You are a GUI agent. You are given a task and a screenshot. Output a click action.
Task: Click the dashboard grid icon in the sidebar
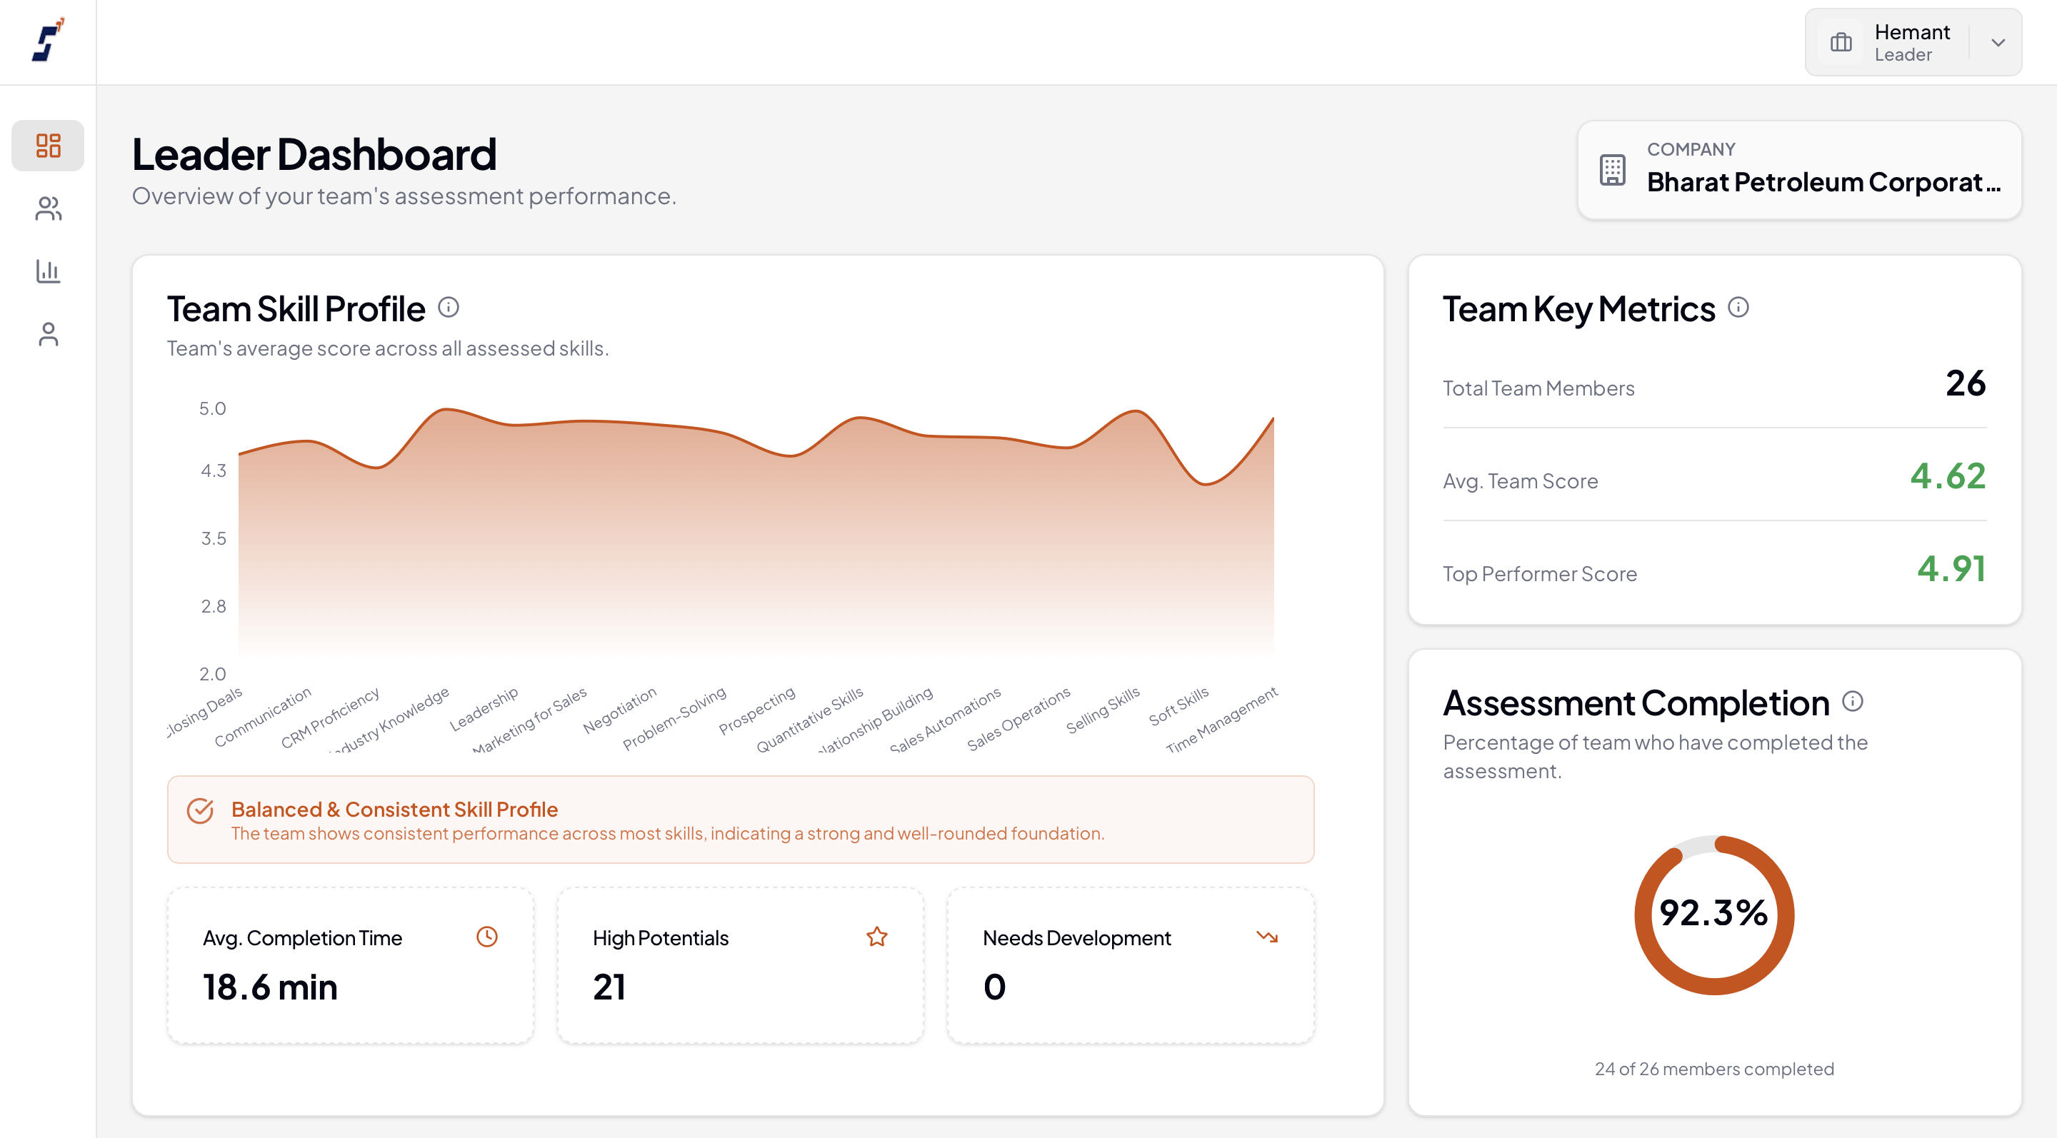pos(48,145)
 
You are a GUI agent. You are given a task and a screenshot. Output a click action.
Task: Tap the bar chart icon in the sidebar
pos(48,271)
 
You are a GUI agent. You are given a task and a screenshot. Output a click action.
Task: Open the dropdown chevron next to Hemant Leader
pos(1998,43)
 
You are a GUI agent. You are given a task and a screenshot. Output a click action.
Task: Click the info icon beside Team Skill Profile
pos(449,307)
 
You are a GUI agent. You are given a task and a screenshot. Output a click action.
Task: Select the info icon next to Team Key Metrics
pos(1738,307)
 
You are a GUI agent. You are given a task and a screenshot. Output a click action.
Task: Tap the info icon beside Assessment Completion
pos(1853,702)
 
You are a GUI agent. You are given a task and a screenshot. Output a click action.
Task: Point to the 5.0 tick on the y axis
pos(212,408)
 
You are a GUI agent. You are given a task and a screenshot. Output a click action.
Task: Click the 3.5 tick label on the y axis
pos(214,539)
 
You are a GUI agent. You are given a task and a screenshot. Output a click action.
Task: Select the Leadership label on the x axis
pos(484,709)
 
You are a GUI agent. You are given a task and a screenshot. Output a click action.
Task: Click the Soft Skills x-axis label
pos(1178,706)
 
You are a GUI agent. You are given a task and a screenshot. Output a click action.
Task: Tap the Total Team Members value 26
pos(1965,384)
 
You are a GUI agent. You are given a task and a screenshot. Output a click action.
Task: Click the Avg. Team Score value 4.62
pos(1948,476)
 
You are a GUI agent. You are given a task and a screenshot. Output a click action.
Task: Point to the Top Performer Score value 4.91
pos(1951,569)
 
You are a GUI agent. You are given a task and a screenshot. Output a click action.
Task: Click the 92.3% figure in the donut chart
pos(1713,913)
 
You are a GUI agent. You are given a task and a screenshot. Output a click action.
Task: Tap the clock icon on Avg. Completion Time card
pos(487,937)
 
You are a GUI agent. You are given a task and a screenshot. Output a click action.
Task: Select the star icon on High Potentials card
pos(877,937)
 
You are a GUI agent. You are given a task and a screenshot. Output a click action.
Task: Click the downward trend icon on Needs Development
pos(1267,937)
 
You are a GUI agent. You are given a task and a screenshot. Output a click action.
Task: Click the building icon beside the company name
pos(1612,170)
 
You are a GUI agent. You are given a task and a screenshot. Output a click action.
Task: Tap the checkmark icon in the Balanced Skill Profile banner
pos(201,811)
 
